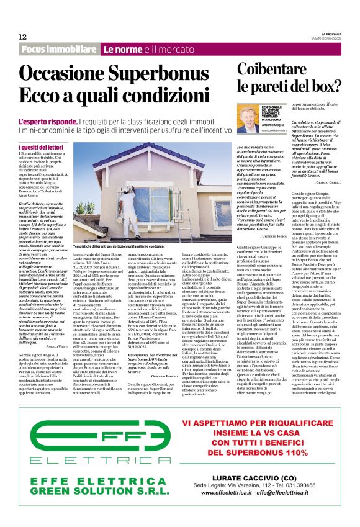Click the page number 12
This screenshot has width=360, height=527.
coord(22,37)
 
